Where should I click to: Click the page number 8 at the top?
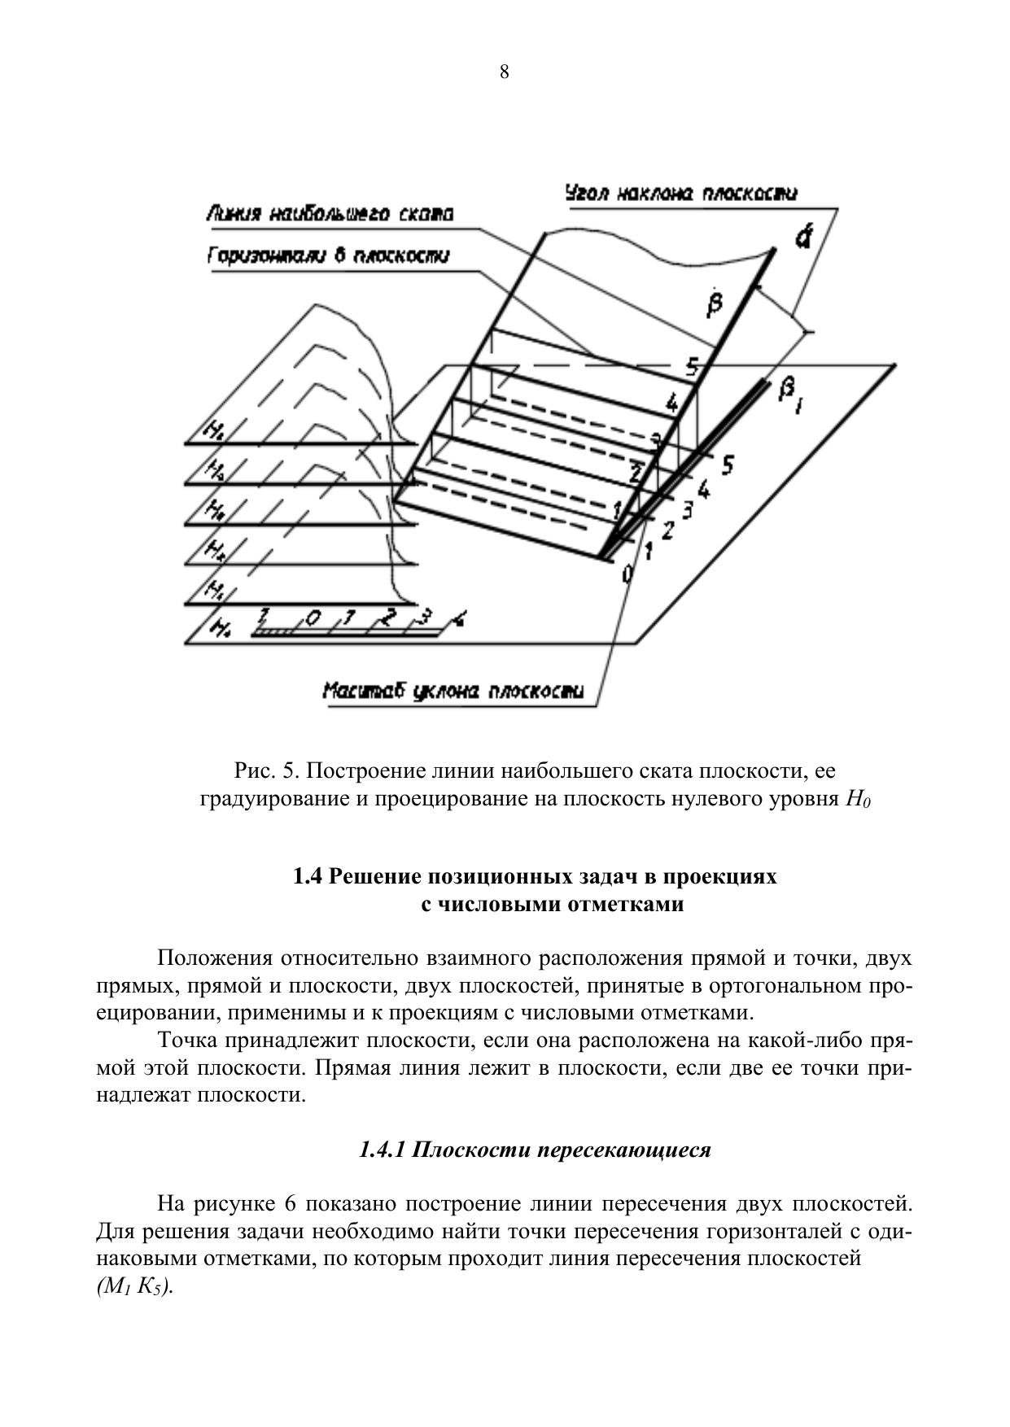(505, 72)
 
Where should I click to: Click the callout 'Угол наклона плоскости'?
(680, 194)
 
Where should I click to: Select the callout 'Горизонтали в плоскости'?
(328, 255)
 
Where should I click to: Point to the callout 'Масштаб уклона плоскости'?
(453, 692)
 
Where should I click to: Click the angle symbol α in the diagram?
(803, 237)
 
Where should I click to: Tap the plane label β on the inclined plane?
(715, 303)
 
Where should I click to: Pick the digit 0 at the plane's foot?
(627, 574)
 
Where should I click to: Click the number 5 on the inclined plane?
(692, 367)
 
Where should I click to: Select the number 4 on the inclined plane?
(671, 402)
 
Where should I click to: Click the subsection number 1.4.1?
(383, 1150)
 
